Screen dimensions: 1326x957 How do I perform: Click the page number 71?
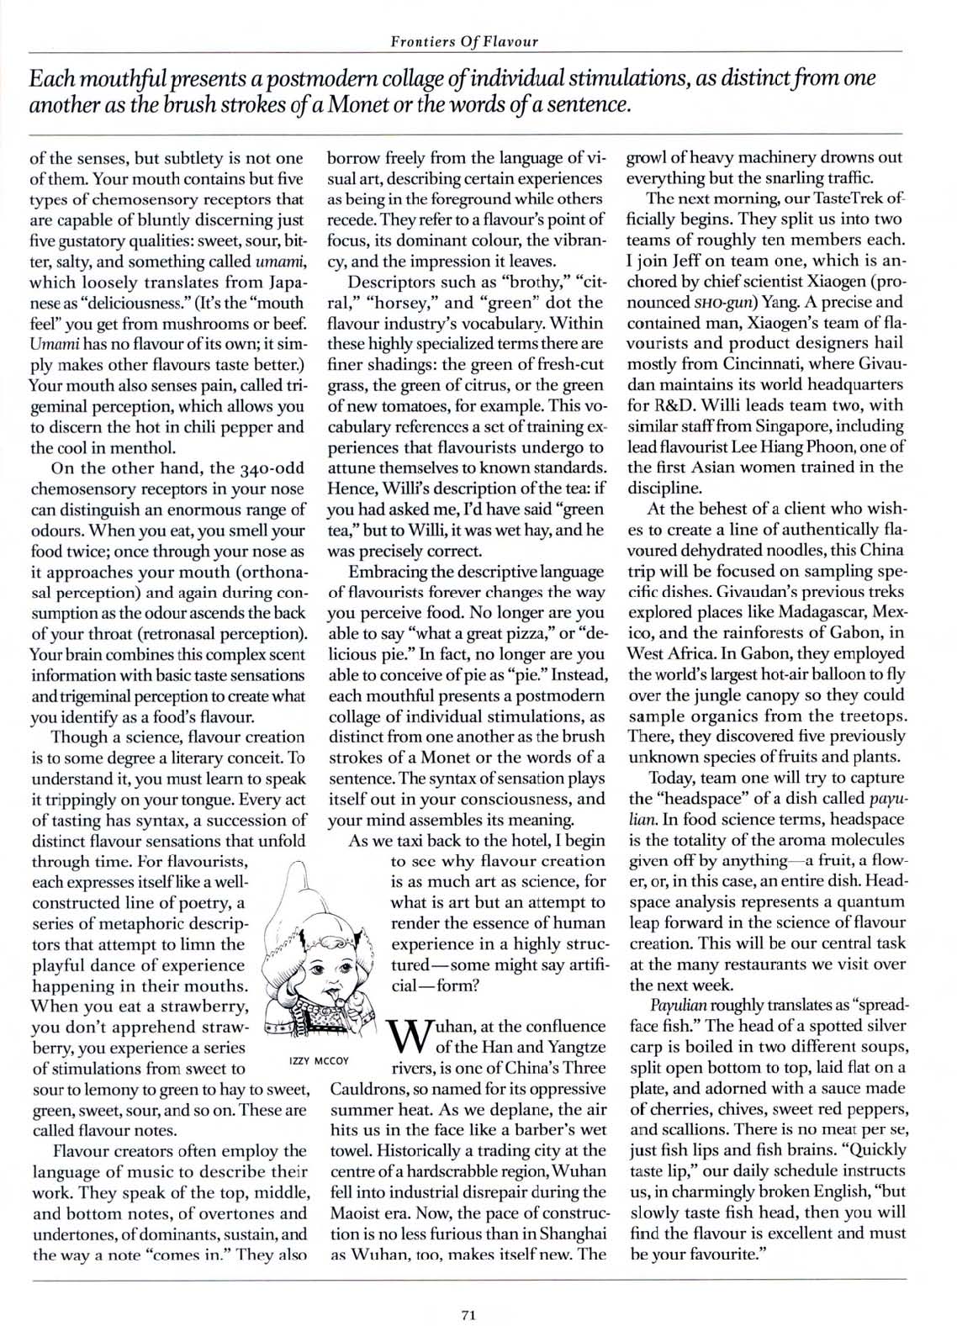coord(469,1292)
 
